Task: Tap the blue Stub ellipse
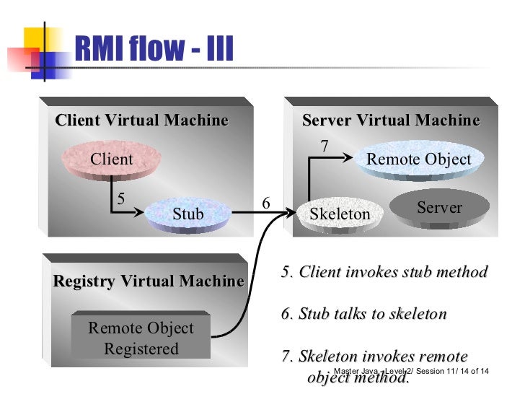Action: (x=188, y=214)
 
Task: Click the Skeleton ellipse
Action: (x=339, y=214)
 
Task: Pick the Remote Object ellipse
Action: (x=418, y=159)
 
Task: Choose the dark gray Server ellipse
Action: (x=439, y=208)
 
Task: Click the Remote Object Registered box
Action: (x=141, y=338)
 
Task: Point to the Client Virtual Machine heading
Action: (x=141, y=120)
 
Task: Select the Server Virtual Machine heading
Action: (x=391, y=120)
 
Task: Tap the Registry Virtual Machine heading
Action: (x=148, y=281)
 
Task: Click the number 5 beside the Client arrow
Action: (x=120, y=197)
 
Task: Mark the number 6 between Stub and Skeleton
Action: (x=265, y=204)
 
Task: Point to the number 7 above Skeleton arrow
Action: (x=325, y=146)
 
